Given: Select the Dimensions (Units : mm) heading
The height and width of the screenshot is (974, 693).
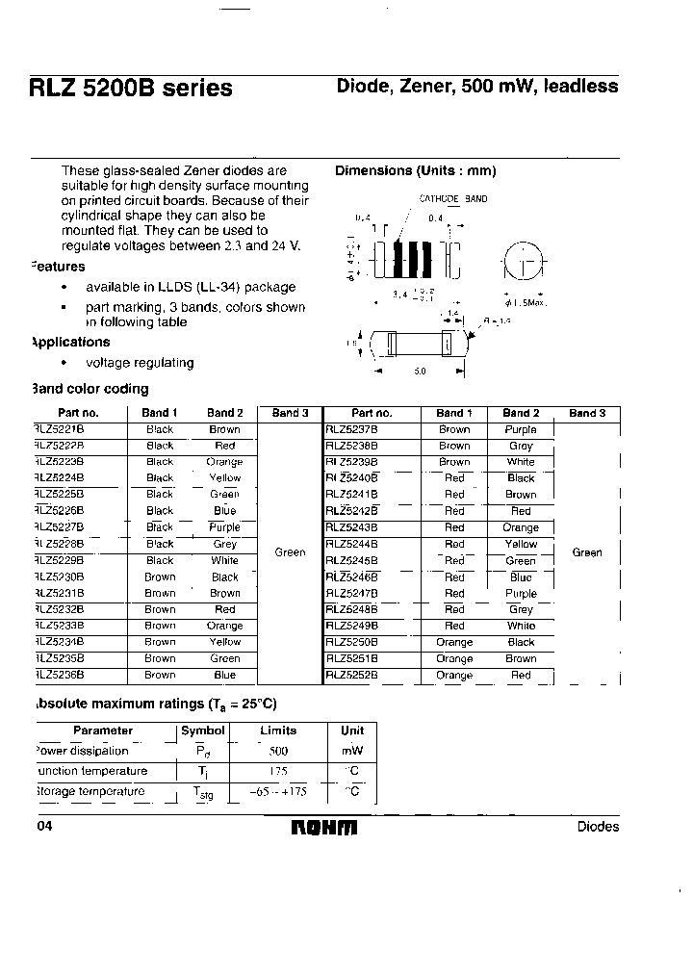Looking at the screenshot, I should click(x=415, y=170).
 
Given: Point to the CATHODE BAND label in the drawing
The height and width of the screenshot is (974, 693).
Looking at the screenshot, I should click(x=452, y=199).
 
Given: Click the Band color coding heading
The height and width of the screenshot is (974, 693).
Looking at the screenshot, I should click(x=90, y=389).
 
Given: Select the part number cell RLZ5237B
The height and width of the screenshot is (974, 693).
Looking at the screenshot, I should click(x=352, y=429).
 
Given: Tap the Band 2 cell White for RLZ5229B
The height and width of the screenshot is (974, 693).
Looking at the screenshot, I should click(x=224, y=560).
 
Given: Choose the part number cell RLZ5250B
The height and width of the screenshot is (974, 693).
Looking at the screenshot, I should click(x=352, y=642).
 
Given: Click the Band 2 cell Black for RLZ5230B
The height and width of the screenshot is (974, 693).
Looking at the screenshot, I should click(x=224, y=577).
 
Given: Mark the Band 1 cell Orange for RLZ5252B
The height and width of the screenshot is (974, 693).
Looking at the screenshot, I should click(x=454, y=676).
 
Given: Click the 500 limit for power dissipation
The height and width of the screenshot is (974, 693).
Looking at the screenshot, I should click(x=279, y=751).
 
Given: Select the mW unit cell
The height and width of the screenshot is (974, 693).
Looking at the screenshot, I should click(x=352, y=751).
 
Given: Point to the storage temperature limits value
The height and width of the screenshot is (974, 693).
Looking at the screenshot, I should click(x=279, y=791).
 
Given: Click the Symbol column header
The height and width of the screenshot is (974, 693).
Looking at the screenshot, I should click(x=203, y=730).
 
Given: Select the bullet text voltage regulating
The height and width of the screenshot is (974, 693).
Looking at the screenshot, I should click(x=140, y=363).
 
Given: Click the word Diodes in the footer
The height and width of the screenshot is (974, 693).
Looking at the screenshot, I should click(x=598, y=827).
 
